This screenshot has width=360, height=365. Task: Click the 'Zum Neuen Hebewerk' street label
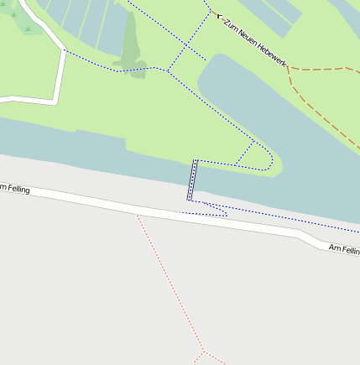tap(257, 39)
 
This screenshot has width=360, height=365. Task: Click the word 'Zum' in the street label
tap(232, 23)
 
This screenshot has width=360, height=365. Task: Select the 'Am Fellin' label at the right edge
tap(344, 249)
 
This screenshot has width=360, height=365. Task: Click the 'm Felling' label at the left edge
tap(15, 189)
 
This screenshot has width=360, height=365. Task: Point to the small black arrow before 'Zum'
tap(219, 15)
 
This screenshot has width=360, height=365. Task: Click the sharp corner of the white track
tap(55, 102)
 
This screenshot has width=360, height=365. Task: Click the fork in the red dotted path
tap(203, 352)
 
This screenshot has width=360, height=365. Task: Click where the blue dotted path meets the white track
tap(64, 50)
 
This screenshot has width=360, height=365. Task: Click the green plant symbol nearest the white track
tap(28, 29)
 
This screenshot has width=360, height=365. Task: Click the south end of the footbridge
tap(190, 200)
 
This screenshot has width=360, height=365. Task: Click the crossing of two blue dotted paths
tap(167, 70)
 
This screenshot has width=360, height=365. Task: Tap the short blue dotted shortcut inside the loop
tap(244, 152)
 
